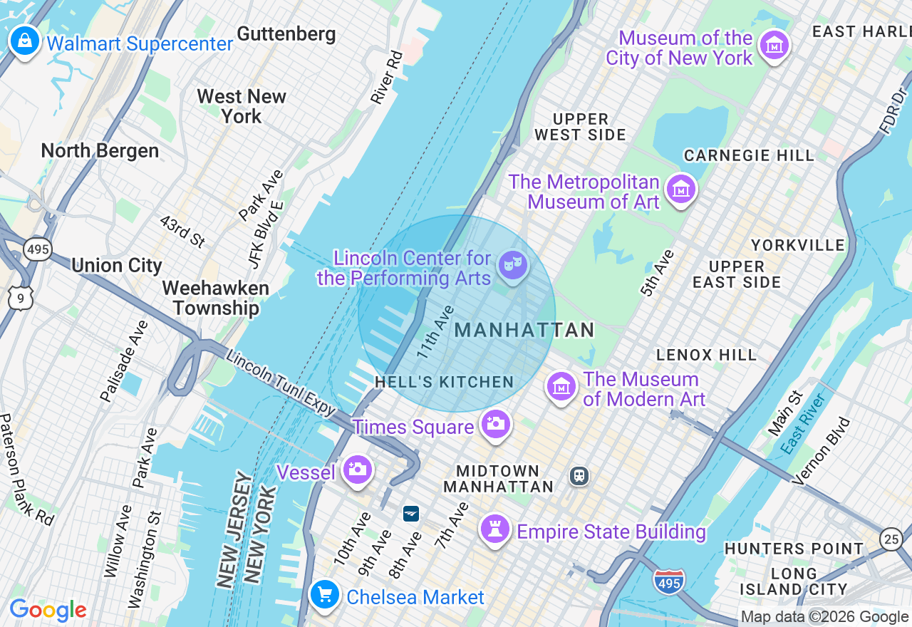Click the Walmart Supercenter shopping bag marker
pos(25,41)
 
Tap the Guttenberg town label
pos(286,34)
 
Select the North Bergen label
pos(100,150)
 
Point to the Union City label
pos(117,266)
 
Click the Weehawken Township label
pos(215,298)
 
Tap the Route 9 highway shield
pos(20,298)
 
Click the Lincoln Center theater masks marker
pos(512,264)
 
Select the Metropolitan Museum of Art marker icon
pos(681,190)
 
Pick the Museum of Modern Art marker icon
pos(561,387)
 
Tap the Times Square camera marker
pos(495,424)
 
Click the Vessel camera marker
pos(357,470)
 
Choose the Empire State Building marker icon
pos(494,529)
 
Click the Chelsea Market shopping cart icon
pos(325,594)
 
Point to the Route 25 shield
pos(891,539)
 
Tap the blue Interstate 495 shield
pos(668,581)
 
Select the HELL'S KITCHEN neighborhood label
pos(445,383)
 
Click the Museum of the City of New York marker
pos(774,46)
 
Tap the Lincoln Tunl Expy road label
pos(281,383)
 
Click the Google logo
pos(48,610)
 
